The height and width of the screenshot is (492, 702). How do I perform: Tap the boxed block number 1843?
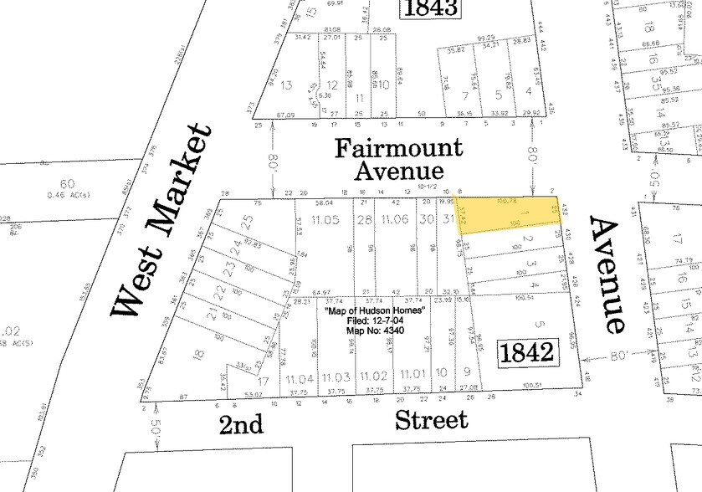click(x=432, y=8)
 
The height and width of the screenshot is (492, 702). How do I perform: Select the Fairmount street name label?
click(x=398, y=149)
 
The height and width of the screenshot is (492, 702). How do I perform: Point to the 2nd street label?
click(x=241, y=423)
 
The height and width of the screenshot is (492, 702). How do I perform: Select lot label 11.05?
click(x=325, y=220)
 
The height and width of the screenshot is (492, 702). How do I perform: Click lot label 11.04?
click(x=299, y=378)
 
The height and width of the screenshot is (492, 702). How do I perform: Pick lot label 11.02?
click(x=375, y=377)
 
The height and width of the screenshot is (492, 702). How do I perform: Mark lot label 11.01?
click(x=413, y=374)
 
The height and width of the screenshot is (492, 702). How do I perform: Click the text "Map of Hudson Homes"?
click(x=375, y=311)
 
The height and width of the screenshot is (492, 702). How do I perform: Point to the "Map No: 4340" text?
click(x=375, y=331)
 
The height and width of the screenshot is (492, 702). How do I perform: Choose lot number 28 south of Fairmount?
click(x=363, y=220)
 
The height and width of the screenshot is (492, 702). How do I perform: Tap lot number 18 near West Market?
click(x=198, y=355)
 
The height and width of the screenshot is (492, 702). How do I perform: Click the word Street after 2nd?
click(x=432, y=418)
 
